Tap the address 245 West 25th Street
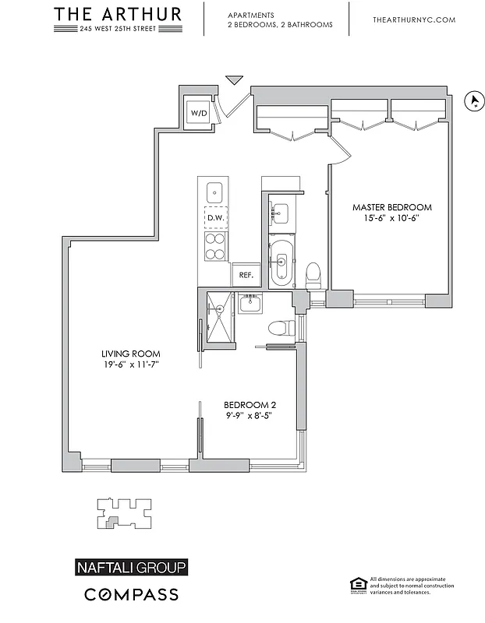(119, 29)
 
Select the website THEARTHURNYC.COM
(413, 19)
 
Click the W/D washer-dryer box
(199, 113)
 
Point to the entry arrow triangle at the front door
(234, 81)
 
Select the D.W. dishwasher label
(215, 218)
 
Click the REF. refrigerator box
(245, 275)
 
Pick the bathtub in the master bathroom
(281, 264)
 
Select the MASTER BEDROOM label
(391, 207)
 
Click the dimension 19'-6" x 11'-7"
(130, 364)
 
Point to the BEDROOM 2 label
(250, 404)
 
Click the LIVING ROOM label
(130, 354)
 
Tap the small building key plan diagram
(122, 515)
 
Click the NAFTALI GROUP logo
(130, 567)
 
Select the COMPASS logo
(130, 595)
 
